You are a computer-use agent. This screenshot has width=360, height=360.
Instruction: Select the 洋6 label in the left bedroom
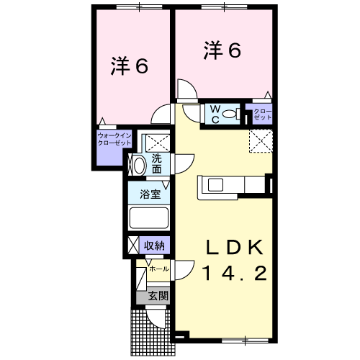130,66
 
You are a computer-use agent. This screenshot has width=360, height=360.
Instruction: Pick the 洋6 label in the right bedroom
222,50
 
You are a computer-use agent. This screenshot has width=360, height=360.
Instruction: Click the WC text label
214,114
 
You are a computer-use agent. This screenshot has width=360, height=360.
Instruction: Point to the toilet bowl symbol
230,114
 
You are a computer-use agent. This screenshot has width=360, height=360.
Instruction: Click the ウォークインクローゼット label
114,139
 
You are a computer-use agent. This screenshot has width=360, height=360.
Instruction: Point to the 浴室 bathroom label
149,192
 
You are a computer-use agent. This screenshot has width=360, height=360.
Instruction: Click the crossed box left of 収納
132,245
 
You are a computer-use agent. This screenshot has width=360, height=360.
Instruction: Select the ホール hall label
159,269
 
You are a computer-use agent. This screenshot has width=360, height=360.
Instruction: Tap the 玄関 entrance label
158,295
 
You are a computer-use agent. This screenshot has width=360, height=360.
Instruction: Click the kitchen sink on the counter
215,185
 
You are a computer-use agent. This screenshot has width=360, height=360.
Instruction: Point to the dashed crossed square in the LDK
260,141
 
